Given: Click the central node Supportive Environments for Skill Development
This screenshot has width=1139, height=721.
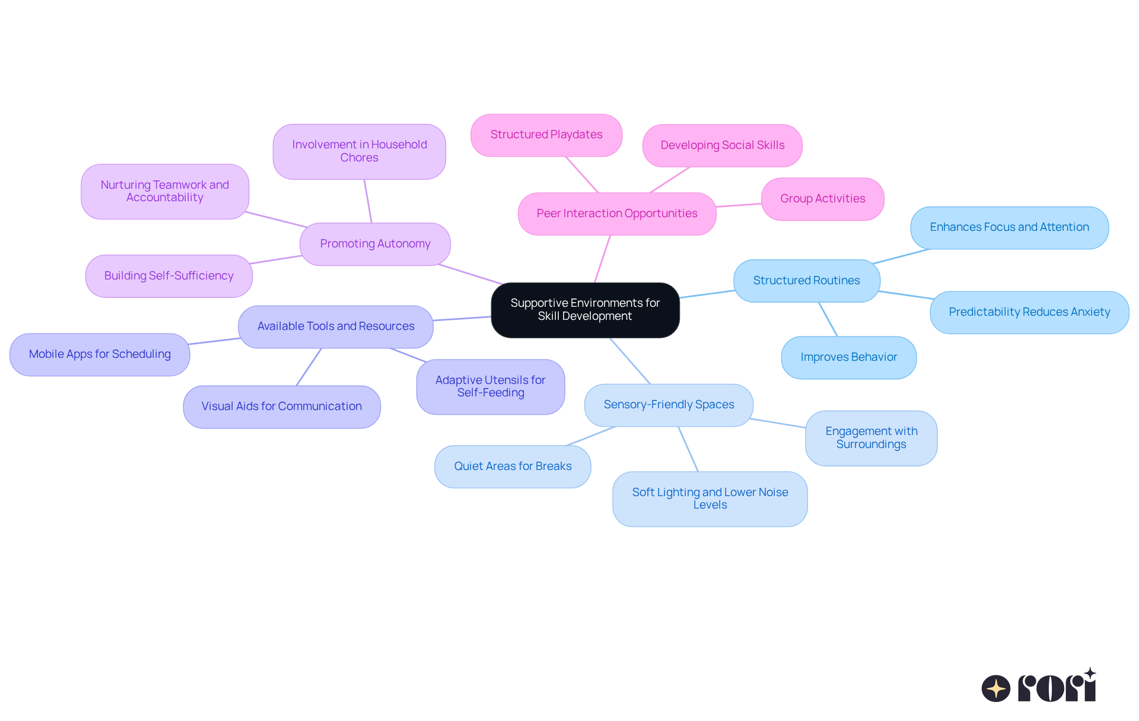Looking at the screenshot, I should [585, 310].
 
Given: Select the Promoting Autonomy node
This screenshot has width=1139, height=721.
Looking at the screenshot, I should [375, 244].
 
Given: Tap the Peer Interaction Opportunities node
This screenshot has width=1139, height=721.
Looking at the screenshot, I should [617, 214].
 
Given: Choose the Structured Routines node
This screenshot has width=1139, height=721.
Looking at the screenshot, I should [806, 281].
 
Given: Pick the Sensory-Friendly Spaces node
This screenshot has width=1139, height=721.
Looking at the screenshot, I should [669, 405].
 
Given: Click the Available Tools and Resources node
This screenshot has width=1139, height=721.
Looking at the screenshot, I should [336, 326].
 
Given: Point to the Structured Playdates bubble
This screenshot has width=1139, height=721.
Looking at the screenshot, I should [546, 135].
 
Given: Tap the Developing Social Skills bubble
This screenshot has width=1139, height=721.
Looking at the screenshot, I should [722, 145].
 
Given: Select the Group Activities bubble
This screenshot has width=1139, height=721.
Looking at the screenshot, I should [822, 199].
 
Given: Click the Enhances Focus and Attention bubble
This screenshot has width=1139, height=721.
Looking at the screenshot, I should [1009, 227].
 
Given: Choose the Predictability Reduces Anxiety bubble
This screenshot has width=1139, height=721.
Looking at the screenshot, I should [1029, 312].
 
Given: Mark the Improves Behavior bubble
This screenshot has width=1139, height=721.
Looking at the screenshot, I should [848, 357].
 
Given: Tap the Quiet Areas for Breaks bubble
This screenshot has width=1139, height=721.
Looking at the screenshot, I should [513, 466].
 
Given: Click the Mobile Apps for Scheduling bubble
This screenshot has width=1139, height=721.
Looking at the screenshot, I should [100, 354].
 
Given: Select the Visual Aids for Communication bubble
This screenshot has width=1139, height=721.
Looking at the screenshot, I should [281, 406].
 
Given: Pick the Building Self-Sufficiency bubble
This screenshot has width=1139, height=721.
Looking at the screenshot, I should [168, 276].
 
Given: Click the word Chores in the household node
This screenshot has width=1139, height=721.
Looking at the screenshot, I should [359, 158].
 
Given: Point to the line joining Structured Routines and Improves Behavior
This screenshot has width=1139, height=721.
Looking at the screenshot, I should [828, 319].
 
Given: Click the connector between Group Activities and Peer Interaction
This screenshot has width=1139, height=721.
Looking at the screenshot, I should [739, 205].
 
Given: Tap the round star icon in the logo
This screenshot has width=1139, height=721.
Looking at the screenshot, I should [996, 688].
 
